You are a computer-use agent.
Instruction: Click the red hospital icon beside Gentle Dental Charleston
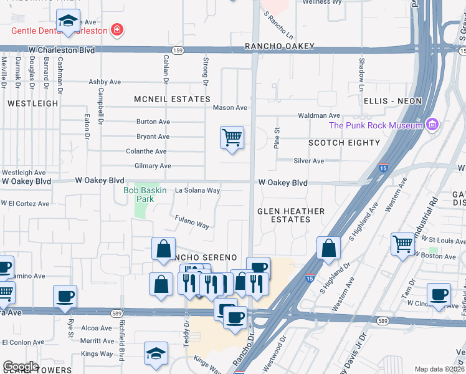116,29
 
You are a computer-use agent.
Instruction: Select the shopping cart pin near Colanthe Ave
232,137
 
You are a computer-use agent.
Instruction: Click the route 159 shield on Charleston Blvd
176,48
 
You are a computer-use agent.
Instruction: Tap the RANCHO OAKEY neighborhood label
279,46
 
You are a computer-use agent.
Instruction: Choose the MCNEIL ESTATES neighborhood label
173,99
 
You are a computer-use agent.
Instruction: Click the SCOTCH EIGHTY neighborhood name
344,143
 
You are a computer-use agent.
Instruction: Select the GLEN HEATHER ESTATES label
291,215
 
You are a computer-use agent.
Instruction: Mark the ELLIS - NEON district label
393,101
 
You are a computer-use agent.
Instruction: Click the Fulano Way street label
191,221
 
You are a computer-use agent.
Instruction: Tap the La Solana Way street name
197,190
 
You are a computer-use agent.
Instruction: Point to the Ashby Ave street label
105,82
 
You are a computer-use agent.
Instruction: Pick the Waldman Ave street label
319,115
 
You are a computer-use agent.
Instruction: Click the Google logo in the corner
21,366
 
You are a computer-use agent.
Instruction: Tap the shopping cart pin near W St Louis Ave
402,243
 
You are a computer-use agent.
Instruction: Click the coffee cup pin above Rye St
65,295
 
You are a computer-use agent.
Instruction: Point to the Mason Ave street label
230,108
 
